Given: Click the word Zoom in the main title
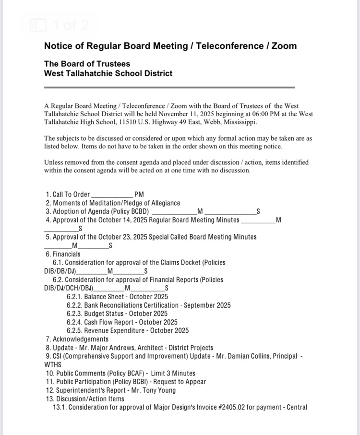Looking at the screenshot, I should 284,46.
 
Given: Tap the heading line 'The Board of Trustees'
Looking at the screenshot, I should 87,64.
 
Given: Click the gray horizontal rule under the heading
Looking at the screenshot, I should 169,87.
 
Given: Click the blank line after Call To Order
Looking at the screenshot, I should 111,195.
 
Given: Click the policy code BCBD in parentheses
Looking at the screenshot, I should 139,212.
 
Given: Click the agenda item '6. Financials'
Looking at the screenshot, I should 63,254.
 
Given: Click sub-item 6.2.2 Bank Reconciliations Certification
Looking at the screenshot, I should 149,305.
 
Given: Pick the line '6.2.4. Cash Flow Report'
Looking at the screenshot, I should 122,322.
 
